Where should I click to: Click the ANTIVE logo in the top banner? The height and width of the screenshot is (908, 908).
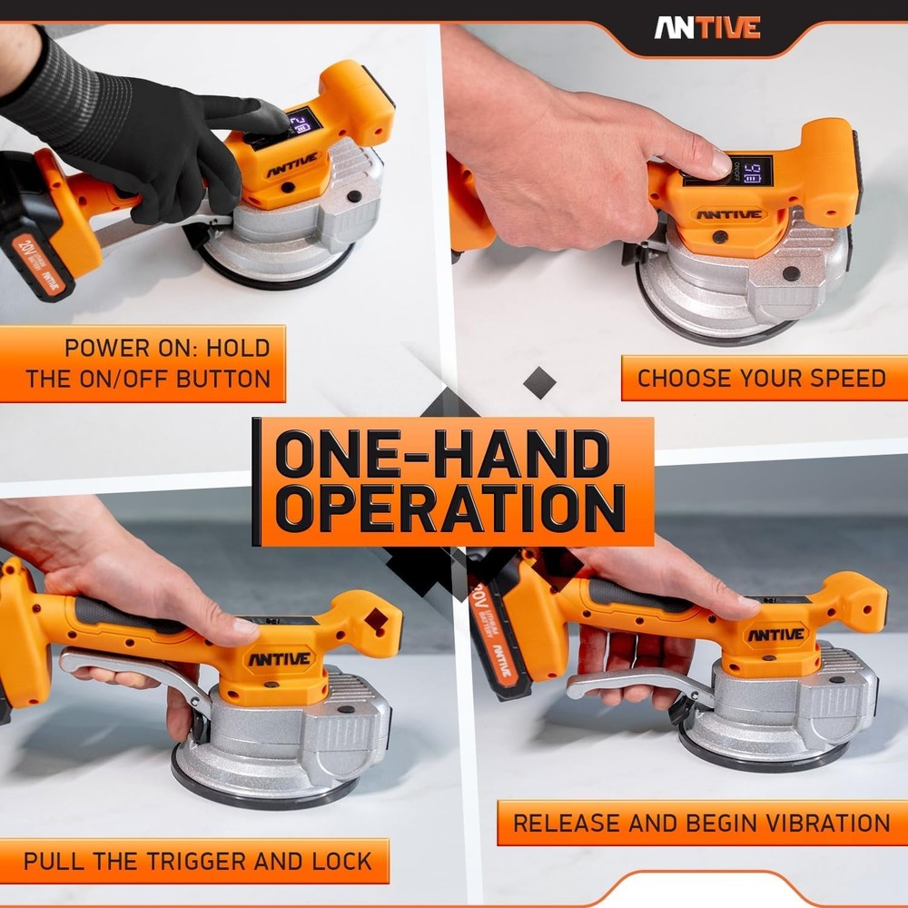tap(707, 28)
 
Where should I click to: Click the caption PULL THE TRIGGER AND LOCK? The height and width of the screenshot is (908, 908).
tap(197, 861)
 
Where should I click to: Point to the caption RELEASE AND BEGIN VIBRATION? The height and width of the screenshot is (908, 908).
tap(701, 824)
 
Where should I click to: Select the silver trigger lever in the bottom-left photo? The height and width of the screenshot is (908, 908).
tap(136, 673)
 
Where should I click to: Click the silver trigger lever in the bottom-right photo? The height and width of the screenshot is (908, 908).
tap(636, 683)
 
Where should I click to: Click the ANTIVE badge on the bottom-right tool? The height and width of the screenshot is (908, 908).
tap(777, 634)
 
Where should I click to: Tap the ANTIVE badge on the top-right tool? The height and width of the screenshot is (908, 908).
tap(729, 215)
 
